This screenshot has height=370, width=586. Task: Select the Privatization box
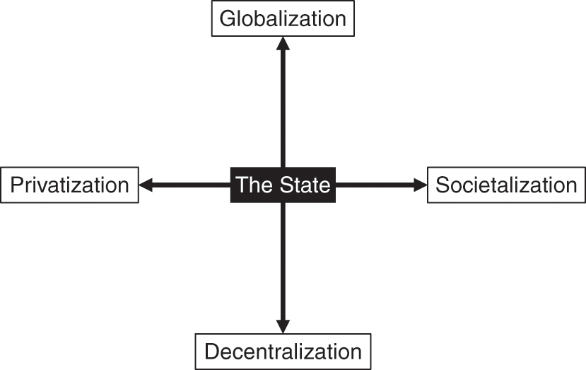pyautogui.click(x=70, y=185)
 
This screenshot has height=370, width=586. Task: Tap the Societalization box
pyautogui.click(x=506, y=185)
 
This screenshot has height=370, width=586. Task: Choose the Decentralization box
pyautogui.click(x=283, y=351)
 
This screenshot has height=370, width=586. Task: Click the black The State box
pyautogui.click(x=283, y=185)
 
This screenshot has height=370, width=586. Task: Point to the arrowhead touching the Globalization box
pyautogui.click(x=283, y=42)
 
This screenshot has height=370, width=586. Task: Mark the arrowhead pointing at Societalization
pyautogui.click(x=420, y=185)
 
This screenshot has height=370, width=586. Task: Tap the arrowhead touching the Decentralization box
pyautogui.click(x=283, y=326)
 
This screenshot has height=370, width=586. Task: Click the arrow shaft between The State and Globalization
pyautogui.click(x=283, y=106)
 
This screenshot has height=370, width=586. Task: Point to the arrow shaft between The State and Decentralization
pyautogui.click(x=283, y=262)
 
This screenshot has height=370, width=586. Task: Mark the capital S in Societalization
pyautogui.click(x=443, y=185)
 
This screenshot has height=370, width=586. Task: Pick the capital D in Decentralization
pyautogui.click(x=211, y=351)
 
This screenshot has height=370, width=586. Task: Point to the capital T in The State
pyautogui.click(x=241, y=185)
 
